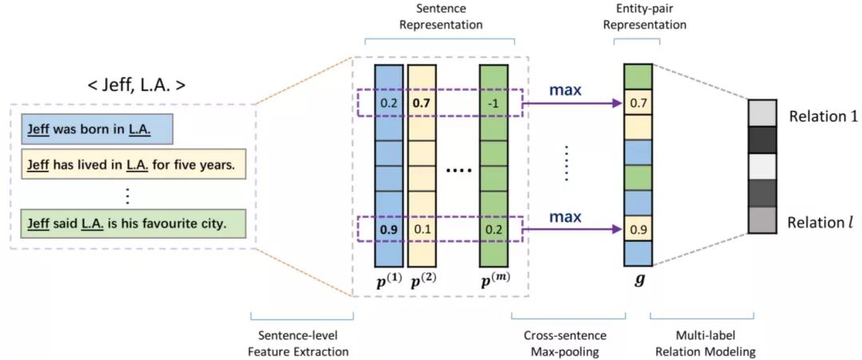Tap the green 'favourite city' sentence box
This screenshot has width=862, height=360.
(126, 224)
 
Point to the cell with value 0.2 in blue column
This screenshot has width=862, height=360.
(389, 103)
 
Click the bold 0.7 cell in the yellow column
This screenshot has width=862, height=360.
(422, 103)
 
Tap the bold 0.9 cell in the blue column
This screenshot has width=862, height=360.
(389, 229)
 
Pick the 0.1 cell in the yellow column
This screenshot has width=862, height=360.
(422, 229)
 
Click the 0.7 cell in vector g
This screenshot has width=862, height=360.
(638, 103)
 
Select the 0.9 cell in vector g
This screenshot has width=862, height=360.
(638, 229)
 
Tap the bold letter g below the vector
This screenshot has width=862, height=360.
(638, 281)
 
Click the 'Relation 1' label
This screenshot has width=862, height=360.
(823, 117)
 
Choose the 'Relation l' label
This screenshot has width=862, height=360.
(820, 222)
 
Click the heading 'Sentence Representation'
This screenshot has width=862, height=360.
(440, 17)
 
